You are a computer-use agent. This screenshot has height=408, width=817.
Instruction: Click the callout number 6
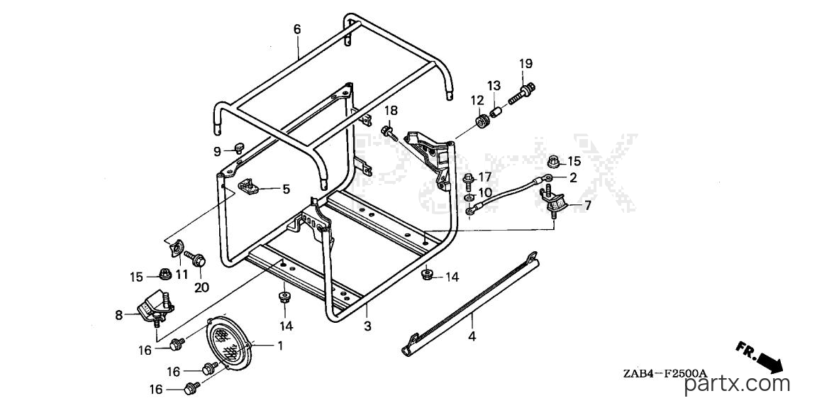point(297,29)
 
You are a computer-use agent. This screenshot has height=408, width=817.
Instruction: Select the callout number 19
point(526,64)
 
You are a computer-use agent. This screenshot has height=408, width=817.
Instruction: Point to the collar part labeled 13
point(496,112)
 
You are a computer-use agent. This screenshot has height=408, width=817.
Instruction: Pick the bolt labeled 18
point(389,131)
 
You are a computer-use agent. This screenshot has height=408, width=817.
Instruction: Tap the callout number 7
point(588,205)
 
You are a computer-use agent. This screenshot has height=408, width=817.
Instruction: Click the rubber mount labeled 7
point(554,201)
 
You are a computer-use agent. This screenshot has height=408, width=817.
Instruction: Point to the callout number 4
point(472,336)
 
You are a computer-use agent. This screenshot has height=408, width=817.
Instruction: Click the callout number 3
point(367,326)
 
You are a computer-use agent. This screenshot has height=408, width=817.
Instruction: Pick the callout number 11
point(182,275)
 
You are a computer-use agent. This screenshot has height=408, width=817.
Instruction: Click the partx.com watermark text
point(737,385)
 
